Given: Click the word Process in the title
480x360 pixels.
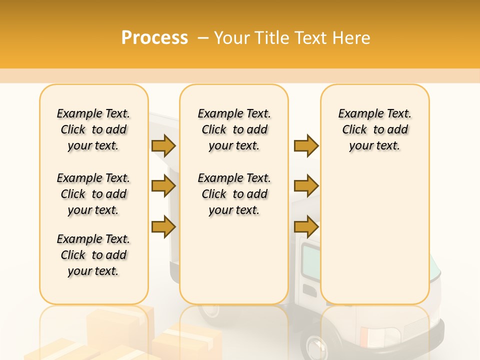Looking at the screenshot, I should pyautogui.click(x=154, y=38).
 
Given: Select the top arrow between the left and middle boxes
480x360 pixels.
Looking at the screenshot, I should pyautogui.click(x=163, y=146).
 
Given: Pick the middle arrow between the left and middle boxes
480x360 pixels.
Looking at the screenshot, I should pyautogui.click(x=163, y=186).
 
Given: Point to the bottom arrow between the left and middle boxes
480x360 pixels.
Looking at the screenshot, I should pyautogui.click(x=163, y=226).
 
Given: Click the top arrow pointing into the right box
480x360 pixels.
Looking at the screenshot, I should pyautogui.click(x=306, y=146).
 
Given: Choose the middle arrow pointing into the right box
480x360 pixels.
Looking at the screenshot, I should pyautogui.click(x=306, y=186).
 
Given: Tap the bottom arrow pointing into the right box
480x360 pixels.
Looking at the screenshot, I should pyautogui.click(x=306, y=226).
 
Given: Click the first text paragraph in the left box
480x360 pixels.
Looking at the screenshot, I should pyautogui.click(x=93, y=129).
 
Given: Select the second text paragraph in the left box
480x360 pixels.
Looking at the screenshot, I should pyautogui.click(x=93, y=194).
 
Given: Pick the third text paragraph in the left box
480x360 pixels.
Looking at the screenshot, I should pyautogui.click(x=93, y=255).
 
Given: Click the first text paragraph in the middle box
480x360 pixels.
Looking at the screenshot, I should pyautogui.click(x=234, y=129).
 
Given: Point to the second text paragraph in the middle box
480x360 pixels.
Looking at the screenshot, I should pyautogui.click(x=234, y=194).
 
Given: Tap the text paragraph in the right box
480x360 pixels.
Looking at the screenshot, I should pyautogui.click(x=374, y=129).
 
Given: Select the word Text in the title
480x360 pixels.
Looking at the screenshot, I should pyautogui.click(x=310, y=38).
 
